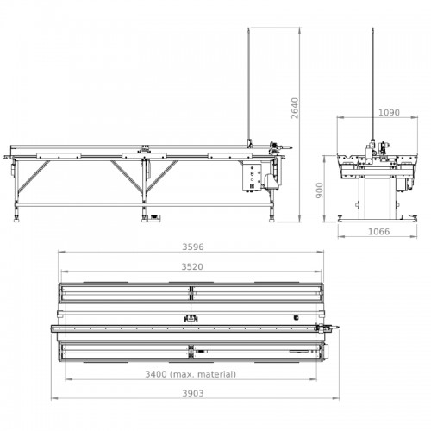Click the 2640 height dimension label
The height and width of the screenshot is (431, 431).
pos(295,109)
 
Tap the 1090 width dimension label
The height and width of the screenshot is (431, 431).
pos(389,113)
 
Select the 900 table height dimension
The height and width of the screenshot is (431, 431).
pos(320,191)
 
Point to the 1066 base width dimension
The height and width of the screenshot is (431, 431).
pos(379,232)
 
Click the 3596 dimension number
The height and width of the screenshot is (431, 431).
pos(193,247)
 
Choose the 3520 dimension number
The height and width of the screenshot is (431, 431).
pos(192,267)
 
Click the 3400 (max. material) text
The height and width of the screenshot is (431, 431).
pos(191,374)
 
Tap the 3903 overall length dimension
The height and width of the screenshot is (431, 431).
pos(193,393)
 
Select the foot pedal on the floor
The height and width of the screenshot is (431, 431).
pos(154,218)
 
